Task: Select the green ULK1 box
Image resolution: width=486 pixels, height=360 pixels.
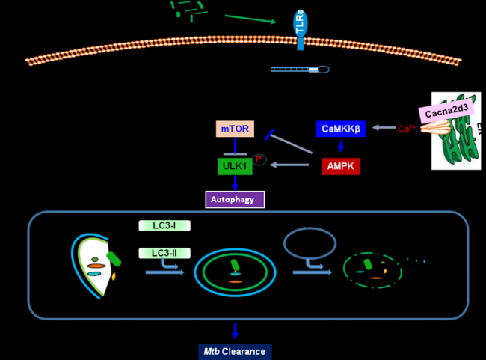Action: (235, 165)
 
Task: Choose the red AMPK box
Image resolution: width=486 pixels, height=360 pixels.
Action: (341, 165)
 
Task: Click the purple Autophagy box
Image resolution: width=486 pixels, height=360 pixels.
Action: (235, 199)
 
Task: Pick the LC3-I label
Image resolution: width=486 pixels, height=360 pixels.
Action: (162, 225)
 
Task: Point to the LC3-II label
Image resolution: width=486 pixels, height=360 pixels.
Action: (162, 254)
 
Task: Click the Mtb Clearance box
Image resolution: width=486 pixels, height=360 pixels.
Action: (236, 350)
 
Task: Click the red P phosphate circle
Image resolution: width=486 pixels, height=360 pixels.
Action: (259, 159)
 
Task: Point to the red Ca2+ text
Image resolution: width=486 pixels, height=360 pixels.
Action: (406, 129)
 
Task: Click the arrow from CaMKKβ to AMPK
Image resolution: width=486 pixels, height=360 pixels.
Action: (341, 147)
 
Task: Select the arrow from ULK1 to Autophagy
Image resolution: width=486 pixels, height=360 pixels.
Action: (235, 183)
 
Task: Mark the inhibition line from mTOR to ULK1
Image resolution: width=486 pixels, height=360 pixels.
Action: (235, 147)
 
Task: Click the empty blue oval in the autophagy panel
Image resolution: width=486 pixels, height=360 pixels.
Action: (311, 242)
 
